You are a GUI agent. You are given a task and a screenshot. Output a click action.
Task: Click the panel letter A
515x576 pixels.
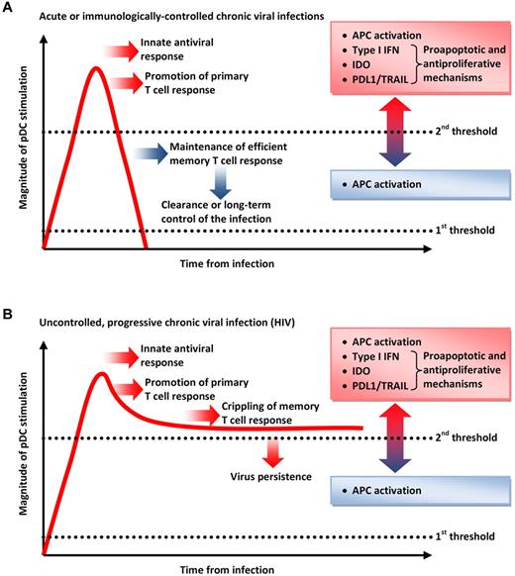click(7, 8)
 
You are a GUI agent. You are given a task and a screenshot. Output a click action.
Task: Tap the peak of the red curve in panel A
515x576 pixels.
click(95, 68)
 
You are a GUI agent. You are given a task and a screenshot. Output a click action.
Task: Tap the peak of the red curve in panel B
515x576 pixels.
click(100, 374)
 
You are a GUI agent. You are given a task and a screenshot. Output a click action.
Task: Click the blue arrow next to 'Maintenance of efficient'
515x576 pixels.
click(154, 154)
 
